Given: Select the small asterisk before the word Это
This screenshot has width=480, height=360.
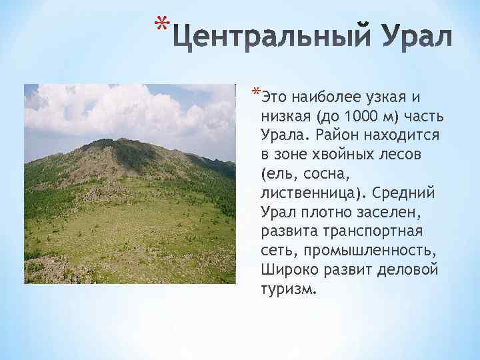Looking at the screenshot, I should click(256, 91).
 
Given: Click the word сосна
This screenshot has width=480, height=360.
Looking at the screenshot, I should click(319, 175).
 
